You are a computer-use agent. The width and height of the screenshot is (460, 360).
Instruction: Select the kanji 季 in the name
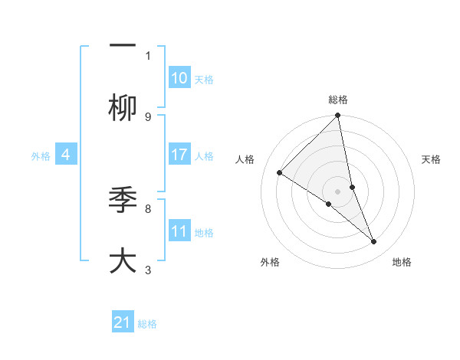(123, 201)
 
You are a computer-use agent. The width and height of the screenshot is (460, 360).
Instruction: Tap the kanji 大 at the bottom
(123, 260)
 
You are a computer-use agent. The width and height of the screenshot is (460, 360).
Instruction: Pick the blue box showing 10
(179, 78)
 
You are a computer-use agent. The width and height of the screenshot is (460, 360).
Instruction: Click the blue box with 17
(179, 155)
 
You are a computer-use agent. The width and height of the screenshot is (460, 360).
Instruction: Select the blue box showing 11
(179, 231)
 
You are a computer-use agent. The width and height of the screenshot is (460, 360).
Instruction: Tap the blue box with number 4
(66, 155)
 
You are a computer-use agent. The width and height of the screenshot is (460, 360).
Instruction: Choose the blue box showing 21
(123, 322)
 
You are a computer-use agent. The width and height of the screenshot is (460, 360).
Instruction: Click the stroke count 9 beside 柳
(148, 117)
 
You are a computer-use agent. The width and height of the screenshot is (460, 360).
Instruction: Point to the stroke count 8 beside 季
(148, 208)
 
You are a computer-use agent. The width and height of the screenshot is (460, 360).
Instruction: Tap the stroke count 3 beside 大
(148, 270)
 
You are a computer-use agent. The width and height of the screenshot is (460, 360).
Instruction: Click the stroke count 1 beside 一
(148, 55)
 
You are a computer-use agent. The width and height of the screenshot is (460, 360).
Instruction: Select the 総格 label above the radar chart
(338, 100)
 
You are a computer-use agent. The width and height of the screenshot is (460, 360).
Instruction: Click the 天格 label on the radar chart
(431, 159)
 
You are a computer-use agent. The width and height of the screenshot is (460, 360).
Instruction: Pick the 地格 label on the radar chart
(402, 262)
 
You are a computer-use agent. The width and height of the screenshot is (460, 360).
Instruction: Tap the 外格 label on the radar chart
(270, 262)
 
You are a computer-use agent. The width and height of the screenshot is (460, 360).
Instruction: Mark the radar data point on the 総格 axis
(338, 116)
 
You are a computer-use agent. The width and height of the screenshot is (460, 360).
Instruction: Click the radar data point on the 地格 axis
(374, 242)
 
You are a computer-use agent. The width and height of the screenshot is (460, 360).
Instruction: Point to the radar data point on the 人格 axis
(280, 173)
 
